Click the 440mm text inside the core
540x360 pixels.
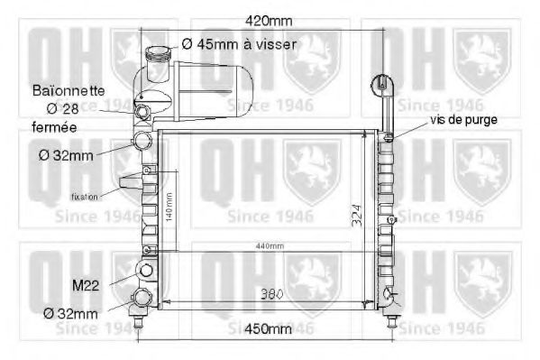(268, 246)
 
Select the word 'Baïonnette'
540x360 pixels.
(69, 90)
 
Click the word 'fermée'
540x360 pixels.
(55, 127)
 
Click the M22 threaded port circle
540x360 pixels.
(144, 270)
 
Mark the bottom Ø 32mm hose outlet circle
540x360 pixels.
(142, 300)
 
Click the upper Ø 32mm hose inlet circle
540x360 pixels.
(143, 142)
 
